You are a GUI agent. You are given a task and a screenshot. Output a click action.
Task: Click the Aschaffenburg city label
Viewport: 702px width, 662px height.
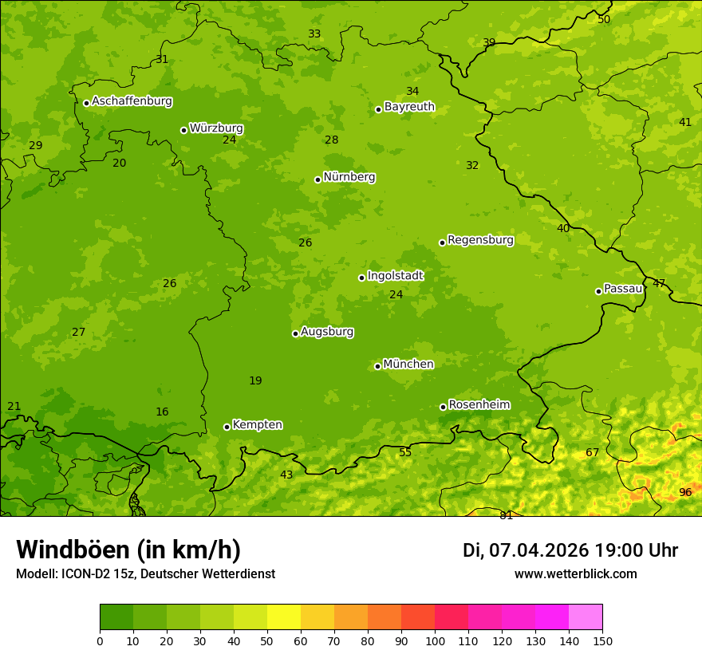(132, 101)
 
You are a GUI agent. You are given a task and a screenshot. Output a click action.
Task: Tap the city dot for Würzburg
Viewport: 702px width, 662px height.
(183, 130)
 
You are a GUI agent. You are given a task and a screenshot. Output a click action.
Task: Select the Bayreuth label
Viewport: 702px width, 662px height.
(409, 106)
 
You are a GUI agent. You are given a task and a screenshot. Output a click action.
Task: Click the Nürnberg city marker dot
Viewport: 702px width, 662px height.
(317, 179)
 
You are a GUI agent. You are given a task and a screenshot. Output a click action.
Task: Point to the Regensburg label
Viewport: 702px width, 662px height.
(480, 239)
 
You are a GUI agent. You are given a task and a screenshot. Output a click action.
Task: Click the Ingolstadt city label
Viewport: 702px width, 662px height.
(395, 275)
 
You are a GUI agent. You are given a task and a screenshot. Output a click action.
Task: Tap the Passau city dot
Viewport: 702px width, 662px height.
(598, 291)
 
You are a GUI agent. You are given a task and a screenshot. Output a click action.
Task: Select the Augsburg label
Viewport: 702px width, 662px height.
(327, 331)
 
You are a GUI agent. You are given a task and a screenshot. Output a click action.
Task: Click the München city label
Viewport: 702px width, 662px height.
(408, 364)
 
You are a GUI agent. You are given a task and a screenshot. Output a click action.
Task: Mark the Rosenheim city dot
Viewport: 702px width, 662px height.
(443, 407)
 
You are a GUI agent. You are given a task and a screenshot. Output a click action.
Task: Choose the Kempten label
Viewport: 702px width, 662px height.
(257, 424)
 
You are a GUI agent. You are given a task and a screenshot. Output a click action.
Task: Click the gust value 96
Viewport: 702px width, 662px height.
(685, 492)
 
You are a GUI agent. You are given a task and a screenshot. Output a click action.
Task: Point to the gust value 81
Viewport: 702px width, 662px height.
(506, 515)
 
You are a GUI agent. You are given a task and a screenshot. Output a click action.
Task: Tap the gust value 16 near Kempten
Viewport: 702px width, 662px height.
(162, 412)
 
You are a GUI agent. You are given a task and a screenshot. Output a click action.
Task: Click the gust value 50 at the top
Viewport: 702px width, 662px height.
(604, 19)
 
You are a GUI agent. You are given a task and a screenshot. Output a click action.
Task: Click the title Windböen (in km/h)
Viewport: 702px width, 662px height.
(128, 550)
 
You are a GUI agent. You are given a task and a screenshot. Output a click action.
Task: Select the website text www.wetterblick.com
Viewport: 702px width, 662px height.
(575, 573)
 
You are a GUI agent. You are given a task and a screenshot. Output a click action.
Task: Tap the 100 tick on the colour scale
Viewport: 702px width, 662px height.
(435, 640)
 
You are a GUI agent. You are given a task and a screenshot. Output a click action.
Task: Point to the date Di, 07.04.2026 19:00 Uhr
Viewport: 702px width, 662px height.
(570, 550)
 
